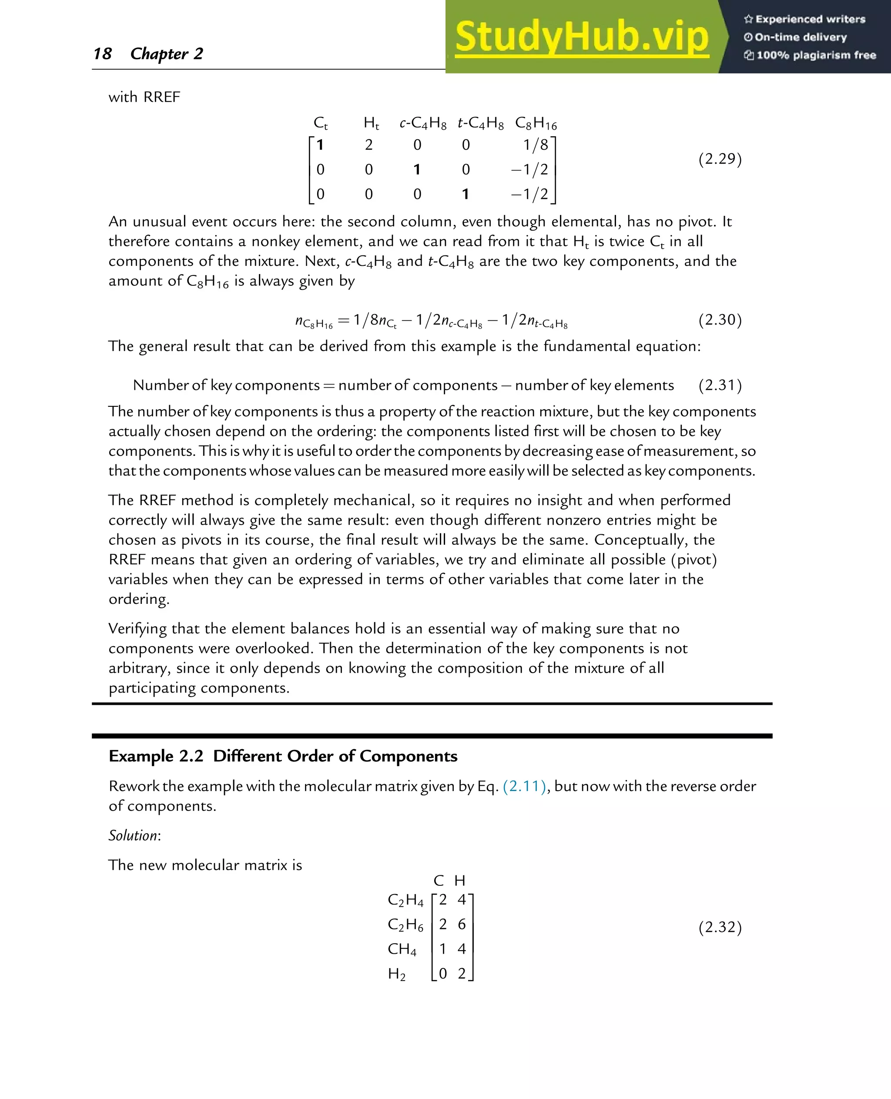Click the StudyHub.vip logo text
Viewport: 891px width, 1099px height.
tap(582, 37)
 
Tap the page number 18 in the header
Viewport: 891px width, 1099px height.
tap(103, 54)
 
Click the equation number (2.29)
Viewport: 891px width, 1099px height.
tap(720, 159)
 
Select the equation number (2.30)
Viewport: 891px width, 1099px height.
tap(720, 320)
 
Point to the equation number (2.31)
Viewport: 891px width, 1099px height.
tap(720, 385)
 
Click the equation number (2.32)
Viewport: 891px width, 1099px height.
tap(720, 927)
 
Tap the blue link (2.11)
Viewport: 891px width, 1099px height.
tap(524, 786)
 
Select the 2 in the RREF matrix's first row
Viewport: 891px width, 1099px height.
tap(368, 145)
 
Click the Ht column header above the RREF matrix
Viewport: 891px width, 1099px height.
tap(371, 123)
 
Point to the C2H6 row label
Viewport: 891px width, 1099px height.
tap(405, 925)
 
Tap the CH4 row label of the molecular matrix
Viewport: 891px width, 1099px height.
tap(402, 948)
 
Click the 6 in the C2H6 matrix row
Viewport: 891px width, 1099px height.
tap(462, 924)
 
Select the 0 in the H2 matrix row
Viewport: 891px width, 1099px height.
tap(442, 973)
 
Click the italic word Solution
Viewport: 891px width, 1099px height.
tap(134, 835)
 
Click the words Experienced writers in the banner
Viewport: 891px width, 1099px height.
tap(810, 20)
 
